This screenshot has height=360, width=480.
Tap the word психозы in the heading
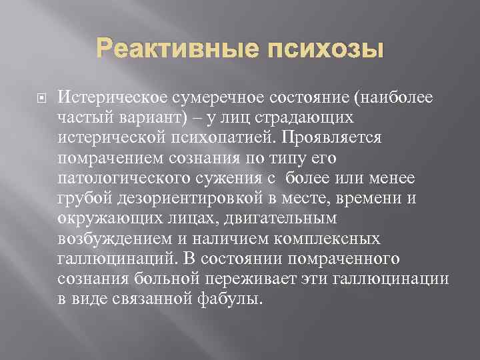point(328,49)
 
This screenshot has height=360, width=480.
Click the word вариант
point(153,117)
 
